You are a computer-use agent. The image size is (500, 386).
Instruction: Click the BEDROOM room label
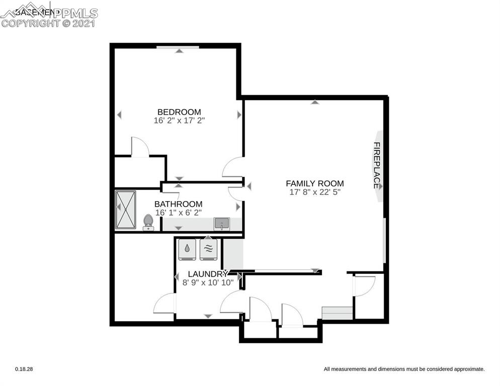179,112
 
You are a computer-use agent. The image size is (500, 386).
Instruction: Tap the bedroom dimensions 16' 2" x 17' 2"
179,121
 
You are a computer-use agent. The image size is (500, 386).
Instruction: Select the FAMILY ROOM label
315,183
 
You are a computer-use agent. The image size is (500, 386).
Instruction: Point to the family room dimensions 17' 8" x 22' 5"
315,192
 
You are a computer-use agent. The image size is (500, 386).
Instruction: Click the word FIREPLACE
376,165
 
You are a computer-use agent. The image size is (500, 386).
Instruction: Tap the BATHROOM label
178,204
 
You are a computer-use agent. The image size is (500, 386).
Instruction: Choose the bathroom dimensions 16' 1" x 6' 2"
178,213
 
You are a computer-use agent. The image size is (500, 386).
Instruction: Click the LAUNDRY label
208,274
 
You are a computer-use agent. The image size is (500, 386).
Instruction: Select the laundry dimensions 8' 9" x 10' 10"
208,282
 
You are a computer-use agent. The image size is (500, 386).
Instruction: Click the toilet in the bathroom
148,222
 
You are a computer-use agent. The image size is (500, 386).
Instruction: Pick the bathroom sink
221,223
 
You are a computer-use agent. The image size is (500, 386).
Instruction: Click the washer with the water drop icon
187,249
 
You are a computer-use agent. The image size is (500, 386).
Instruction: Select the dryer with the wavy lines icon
208,249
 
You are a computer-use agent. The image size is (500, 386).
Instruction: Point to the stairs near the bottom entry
337,313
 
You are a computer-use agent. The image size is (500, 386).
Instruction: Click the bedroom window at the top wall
177,48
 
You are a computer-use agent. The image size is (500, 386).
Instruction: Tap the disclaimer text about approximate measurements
404,369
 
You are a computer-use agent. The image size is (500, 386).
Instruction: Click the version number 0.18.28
24,369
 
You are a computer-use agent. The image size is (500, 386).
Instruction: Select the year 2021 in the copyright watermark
84,23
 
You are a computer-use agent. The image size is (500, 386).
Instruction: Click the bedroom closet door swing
140,147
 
